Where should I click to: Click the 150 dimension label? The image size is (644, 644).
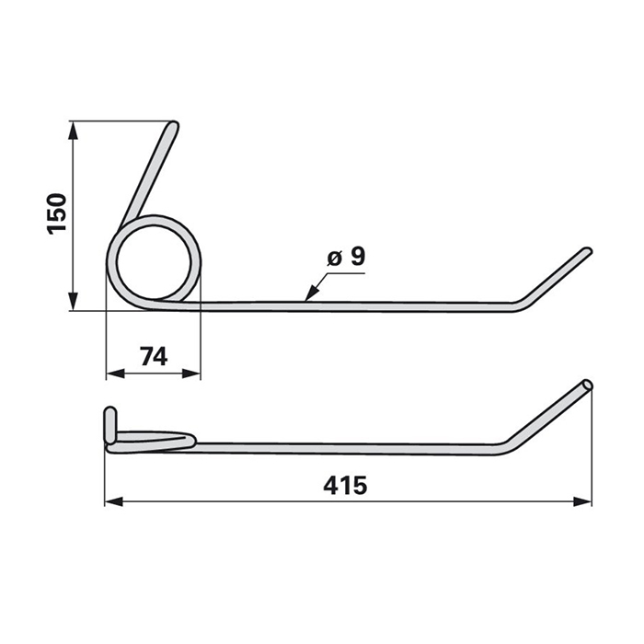[x=57, y=214]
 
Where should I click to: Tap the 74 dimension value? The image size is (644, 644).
[x=154, y=357]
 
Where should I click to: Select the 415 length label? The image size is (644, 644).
[x=345, y=486]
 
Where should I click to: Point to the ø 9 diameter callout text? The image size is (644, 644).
[x=346, y=258]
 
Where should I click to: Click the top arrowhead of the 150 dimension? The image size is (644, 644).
[x=73, y=132]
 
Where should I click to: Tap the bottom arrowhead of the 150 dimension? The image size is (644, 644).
[x=73, y=301]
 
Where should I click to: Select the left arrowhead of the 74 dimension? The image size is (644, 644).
[x=116, y=374]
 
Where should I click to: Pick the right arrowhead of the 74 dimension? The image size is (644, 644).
[x=191, y=374]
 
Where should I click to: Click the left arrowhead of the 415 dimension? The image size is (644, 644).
[x=114, y=501]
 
